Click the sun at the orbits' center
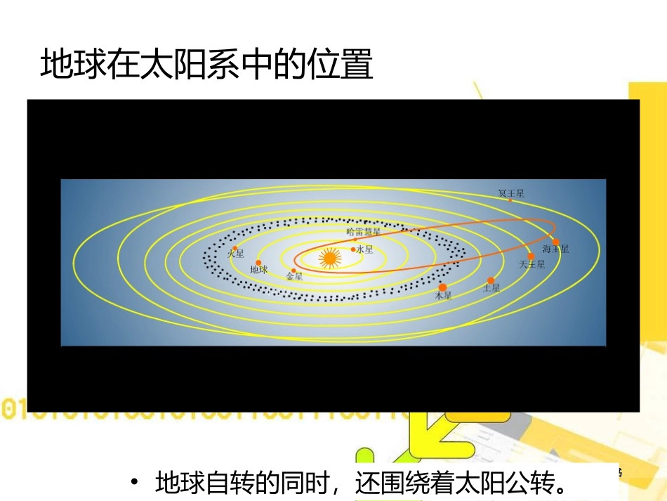329,259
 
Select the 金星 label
294,277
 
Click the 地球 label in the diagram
259,269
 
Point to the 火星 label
235,254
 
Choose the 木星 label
443,296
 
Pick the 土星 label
491,287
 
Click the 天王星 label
531,265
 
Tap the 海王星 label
556,249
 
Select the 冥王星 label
511,193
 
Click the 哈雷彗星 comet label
364,231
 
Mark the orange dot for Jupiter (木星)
442,287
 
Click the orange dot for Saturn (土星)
491,280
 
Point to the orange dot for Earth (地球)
258,262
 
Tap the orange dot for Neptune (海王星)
555,242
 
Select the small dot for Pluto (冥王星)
510,200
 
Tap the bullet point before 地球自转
133,483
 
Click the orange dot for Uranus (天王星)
531,256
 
